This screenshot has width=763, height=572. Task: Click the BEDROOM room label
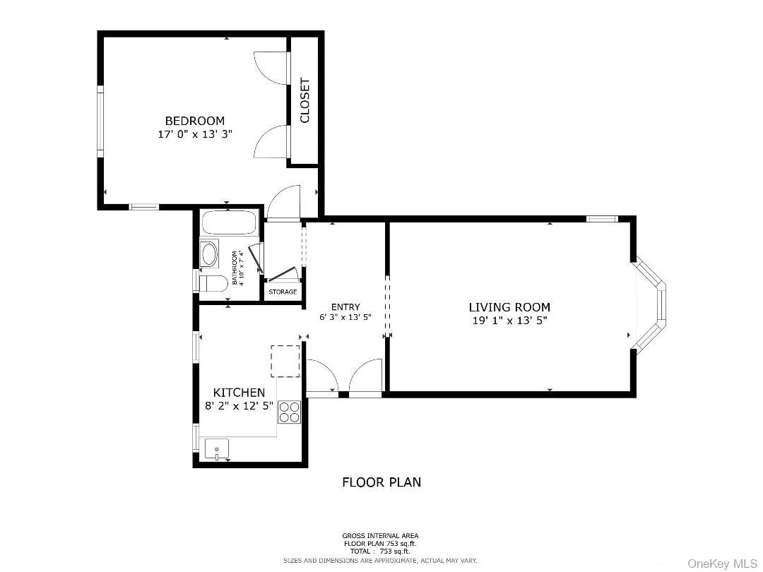pos(194,121)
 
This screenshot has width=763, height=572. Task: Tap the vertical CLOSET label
pos(305,100)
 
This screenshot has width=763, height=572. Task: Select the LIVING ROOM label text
pos(509,307)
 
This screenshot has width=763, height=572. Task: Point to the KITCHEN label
pos(239,393)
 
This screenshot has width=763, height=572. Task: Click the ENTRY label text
pos(345,306)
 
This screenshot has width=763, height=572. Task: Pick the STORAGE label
pos(283,292)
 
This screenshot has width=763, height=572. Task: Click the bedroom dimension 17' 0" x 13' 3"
pos(194,134)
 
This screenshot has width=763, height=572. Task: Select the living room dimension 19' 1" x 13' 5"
pos(509,320)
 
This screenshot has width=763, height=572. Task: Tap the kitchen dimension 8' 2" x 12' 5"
pos(239,406)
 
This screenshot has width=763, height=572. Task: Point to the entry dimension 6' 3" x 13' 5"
pos(345,318)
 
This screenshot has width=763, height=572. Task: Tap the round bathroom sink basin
pos(209,254)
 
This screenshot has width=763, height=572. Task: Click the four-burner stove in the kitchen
pos(290,412)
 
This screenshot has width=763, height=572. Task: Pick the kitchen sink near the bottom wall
pos(217,449)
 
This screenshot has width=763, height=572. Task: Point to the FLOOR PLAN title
pos(381,482)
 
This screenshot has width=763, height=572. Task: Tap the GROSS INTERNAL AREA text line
pos(381,536)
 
